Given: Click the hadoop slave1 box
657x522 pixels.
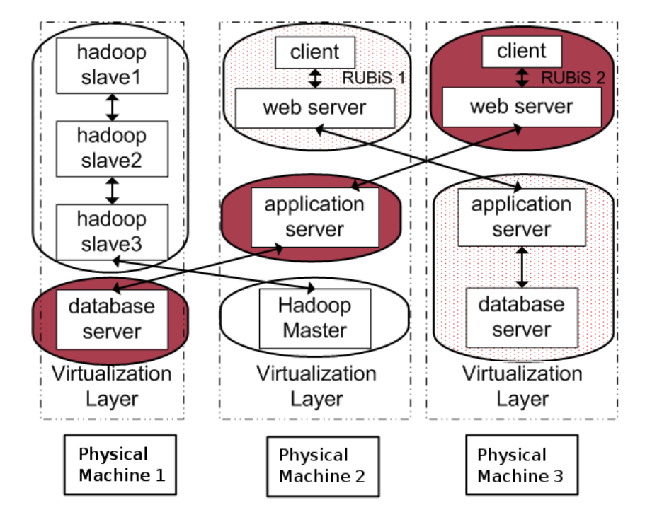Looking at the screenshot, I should click(x=111, y=65).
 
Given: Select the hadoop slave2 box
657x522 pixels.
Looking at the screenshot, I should click(x=111, y=149).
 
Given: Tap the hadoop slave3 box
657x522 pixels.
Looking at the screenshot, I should click(x=111, y=231).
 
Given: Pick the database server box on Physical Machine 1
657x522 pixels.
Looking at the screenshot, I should click(x=112, y=319).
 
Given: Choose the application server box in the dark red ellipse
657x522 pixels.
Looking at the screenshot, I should click(x=314, y=216).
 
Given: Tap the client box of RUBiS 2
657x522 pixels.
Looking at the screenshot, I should click(x=522, y=52).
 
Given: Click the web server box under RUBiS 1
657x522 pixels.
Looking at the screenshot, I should click(x=314, y=108).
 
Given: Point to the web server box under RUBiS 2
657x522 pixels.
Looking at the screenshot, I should click(x=522, y=107).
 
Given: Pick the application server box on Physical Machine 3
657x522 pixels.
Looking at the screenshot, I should click(x=522, y=216).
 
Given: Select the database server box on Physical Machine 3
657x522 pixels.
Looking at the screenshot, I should click(x=522, y=317).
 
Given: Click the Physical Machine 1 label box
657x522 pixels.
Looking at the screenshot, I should click(x=121, y=465).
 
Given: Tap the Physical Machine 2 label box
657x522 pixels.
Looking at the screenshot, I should click(x=322, y=465).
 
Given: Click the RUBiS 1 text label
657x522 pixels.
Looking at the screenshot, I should click(x=372, y=77).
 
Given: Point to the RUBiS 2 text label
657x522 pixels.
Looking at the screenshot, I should click(x=573, y=77).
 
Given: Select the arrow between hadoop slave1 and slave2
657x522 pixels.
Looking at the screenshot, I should click(x=112, y=107).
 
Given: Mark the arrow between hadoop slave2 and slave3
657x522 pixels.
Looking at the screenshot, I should click(x=112, y=190).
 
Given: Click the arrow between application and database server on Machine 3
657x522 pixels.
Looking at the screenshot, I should click(x=522, y=267).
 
